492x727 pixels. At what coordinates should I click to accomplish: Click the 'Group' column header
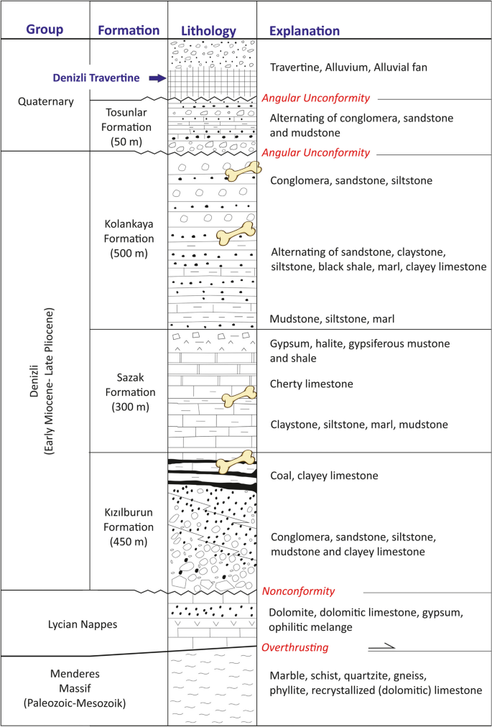pos(45,30)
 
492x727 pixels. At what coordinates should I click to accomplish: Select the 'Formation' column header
pos(129,30)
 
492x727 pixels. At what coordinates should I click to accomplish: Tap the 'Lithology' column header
pos(209,31)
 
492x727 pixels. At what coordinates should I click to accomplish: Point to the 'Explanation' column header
pos(304,31)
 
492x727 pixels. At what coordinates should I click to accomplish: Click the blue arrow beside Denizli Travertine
pos(157,78)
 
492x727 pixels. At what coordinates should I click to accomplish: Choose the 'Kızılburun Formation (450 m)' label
pos(129,522)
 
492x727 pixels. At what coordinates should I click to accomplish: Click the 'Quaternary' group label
pos(45,101)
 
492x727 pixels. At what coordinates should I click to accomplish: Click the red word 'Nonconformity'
pos(298,591)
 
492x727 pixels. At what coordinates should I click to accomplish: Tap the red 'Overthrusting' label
pos(294,647)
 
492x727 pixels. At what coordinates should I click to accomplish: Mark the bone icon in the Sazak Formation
pos(238,395)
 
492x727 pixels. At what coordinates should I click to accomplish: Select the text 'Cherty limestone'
pos(311,384)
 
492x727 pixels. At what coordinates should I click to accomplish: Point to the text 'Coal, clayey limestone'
pos(324,476)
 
